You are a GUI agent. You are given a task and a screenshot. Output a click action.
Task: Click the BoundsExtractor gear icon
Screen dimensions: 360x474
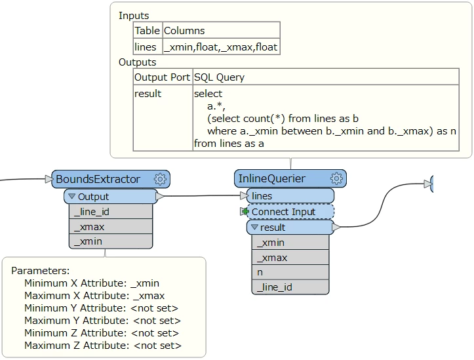coord(160,179)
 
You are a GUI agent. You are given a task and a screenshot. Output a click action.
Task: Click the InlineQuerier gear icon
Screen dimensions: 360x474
coord(336,178)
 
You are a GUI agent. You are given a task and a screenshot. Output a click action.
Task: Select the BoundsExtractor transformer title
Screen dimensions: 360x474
coord(98,179)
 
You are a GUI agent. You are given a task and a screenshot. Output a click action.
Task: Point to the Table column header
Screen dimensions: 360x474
coord(147,30)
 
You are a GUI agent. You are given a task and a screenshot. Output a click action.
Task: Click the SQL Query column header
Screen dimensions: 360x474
coord(219,77)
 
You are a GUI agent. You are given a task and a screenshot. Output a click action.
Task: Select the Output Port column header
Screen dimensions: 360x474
coord(162,77)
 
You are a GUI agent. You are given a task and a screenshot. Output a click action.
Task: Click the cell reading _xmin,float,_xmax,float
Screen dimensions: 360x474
coord(220,47)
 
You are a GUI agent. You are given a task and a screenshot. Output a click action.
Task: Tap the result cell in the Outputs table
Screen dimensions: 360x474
coord(148,94)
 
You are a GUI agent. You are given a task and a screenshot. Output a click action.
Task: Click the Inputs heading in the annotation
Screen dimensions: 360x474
coord(134,15)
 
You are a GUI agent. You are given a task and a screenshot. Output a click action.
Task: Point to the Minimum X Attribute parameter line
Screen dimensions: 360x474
coord(91,283)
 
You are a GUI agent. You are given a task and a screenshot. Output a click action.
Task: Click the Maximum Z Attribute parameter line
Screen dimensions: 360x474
coord(102,346)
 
